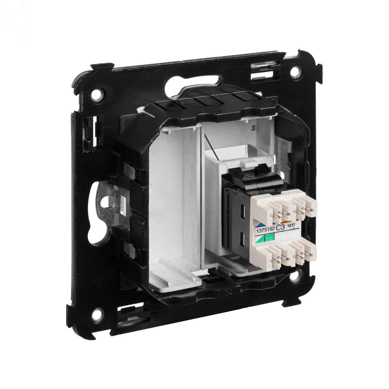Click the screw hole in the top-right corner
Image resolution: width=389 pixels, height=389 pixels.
pyautogui.click(x=295, y=71)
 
